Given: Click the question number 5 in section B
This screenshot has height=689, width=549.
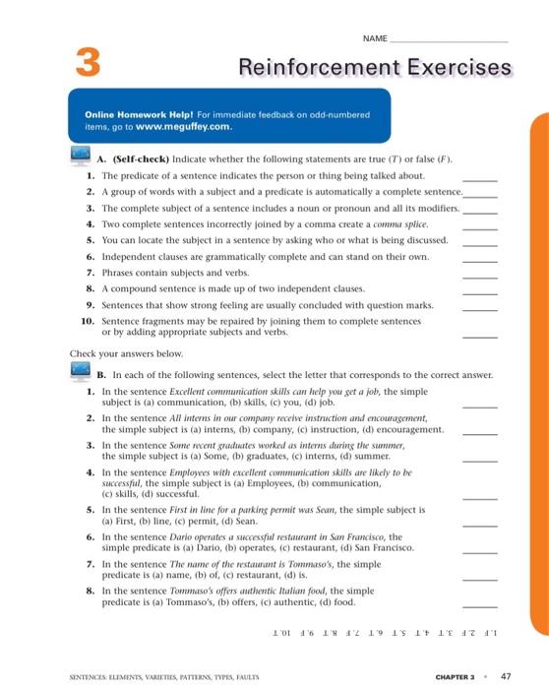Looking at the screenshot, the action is pyautogui.click(x=91, y=511).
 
